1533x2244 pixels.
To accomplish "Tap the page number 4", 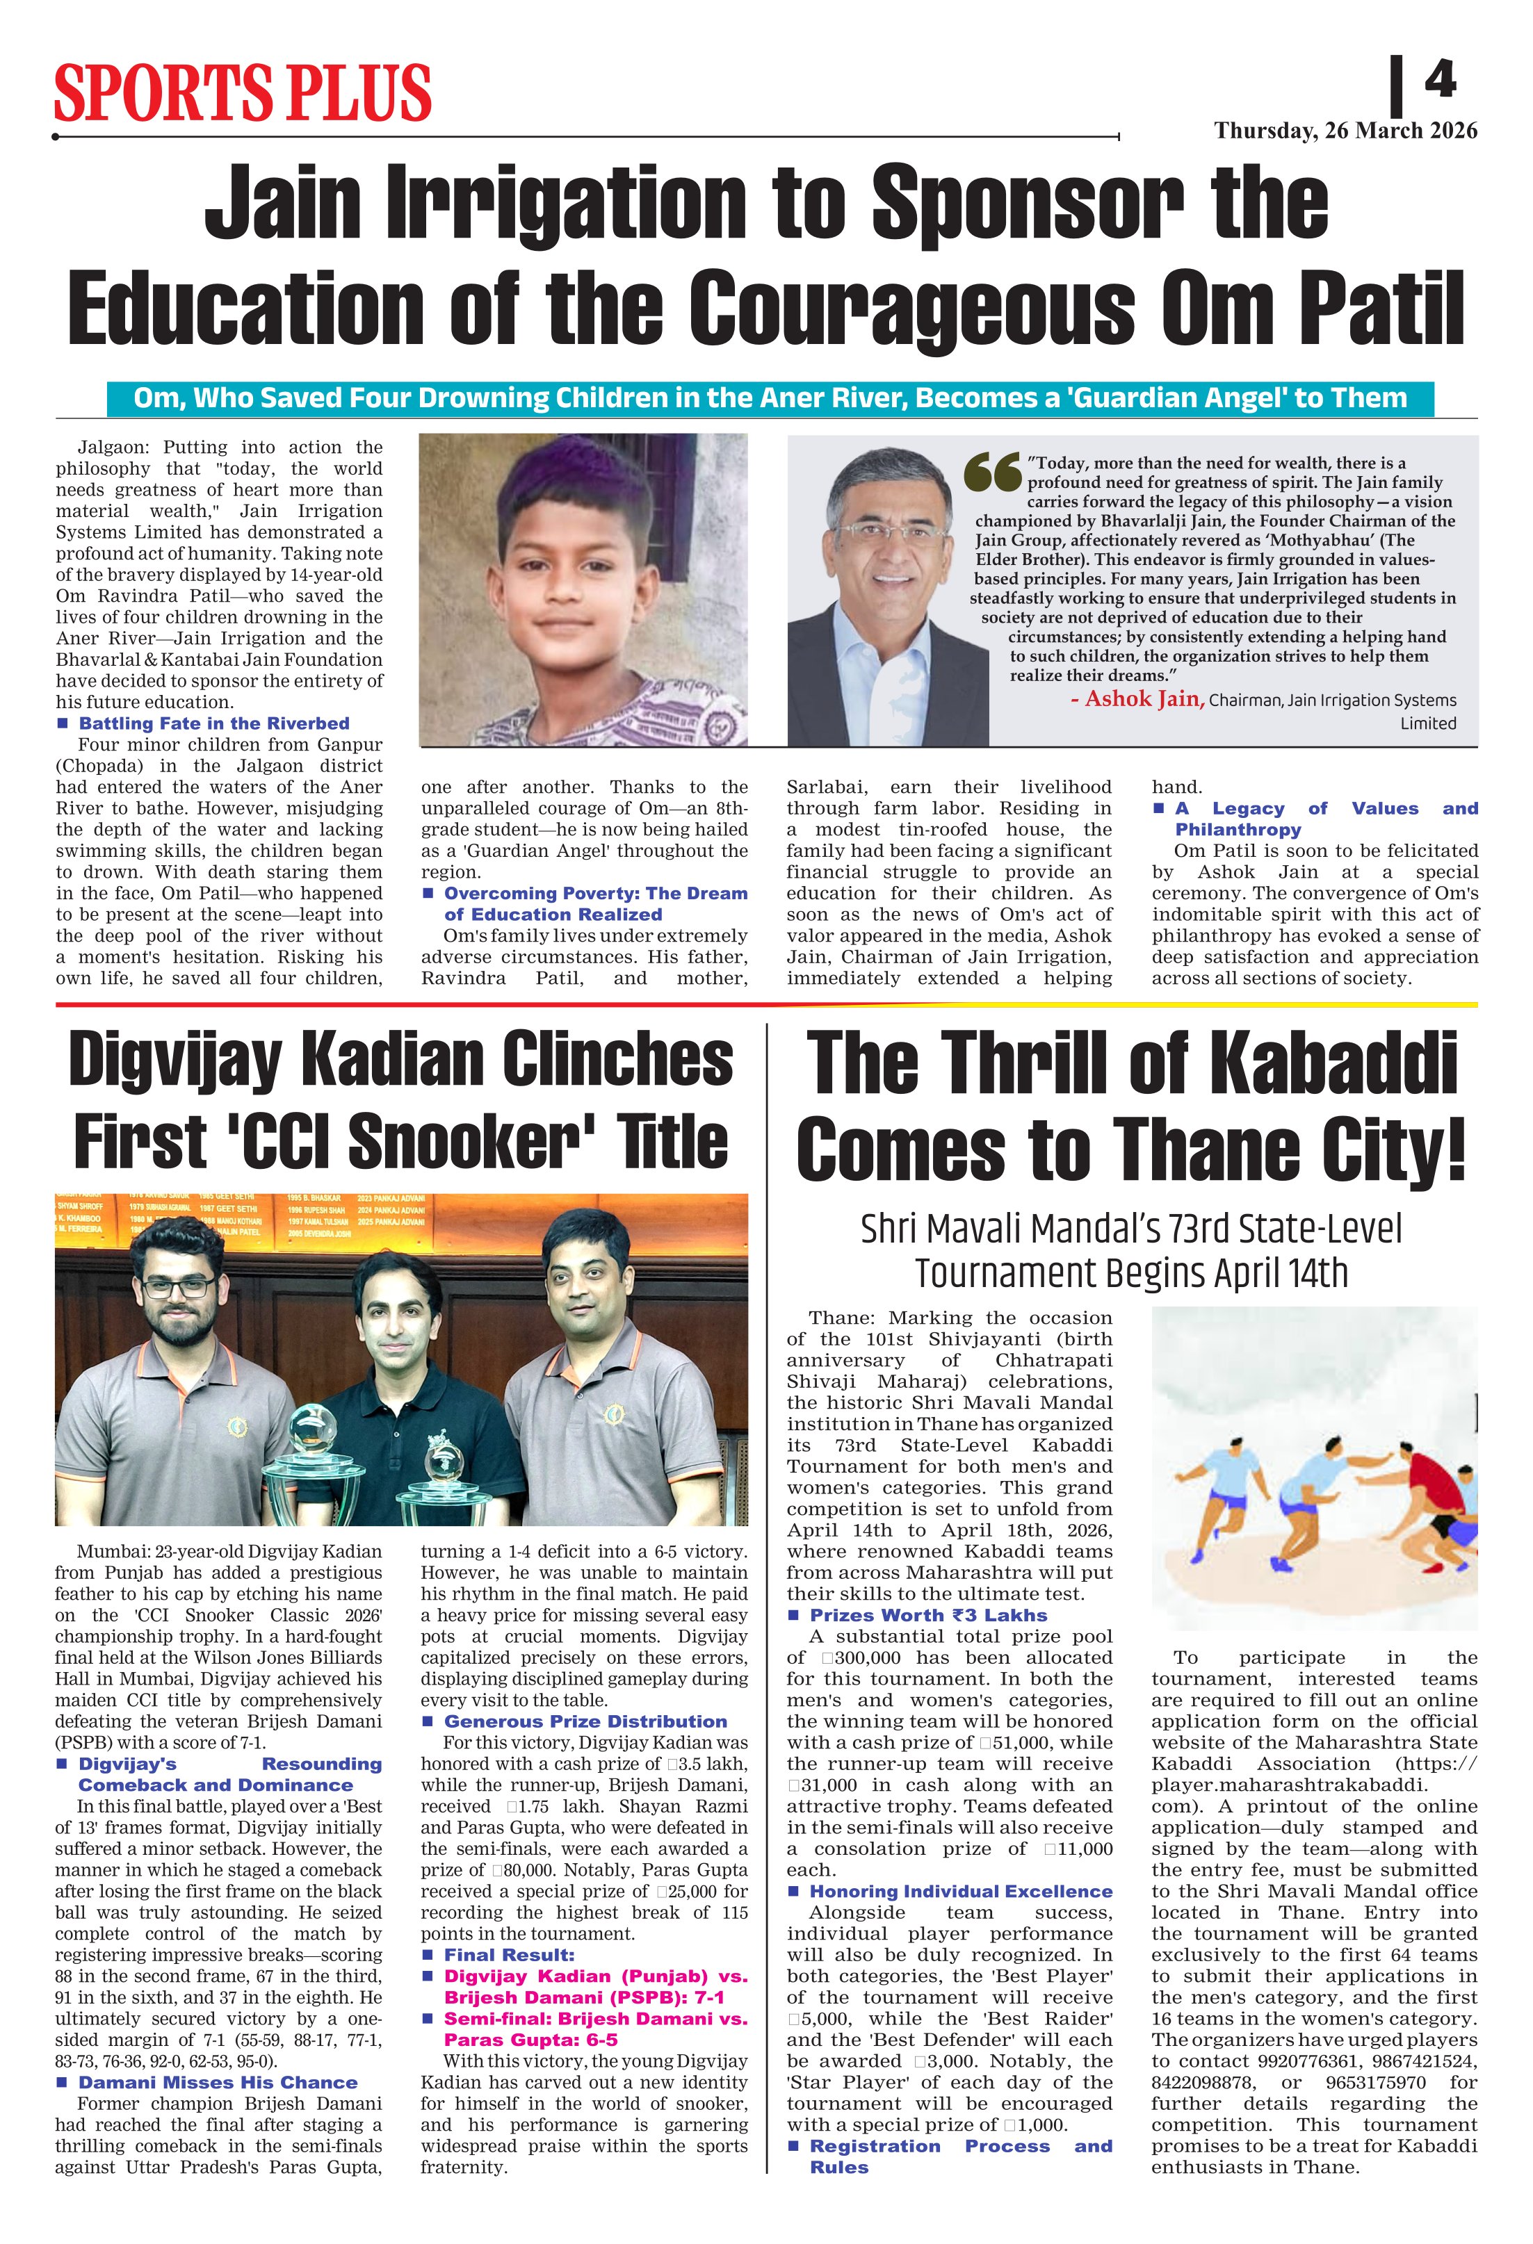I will (1439, 79).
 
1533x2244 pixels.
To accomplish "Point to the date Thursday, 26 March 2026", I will (1345, 131).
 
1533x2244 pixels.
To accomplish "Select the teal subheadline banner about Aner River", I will (770, 398).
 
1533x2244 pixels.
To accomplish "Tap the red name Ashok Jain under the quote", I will (1137, 699).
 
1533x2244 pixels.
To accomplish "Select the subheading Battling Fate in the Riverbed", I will (213, 723).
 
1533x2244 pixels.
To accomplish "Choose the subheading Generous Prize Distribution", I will (585, 1721).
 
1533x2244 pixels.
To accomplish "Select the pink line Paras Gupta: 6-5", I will (530, 2040).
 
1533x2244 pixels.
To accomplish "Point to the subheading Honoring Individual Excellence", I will (960, 1892).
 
